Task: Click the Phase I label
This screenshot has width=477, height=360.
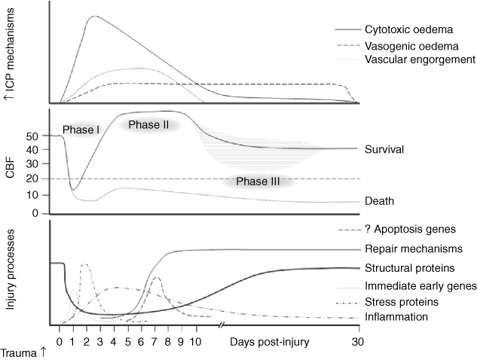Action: pyautogui.click(x=81, y=129)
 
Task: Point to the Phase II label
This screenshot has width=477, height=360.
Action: pyautogui.click(x=148, y=124)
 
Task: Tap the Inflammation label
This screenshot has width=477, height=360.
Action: pyautogui.click(x=396, y=317)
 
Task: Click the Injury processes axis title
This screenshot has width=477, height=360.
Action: pyautogui.click(x=11, y=272)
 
